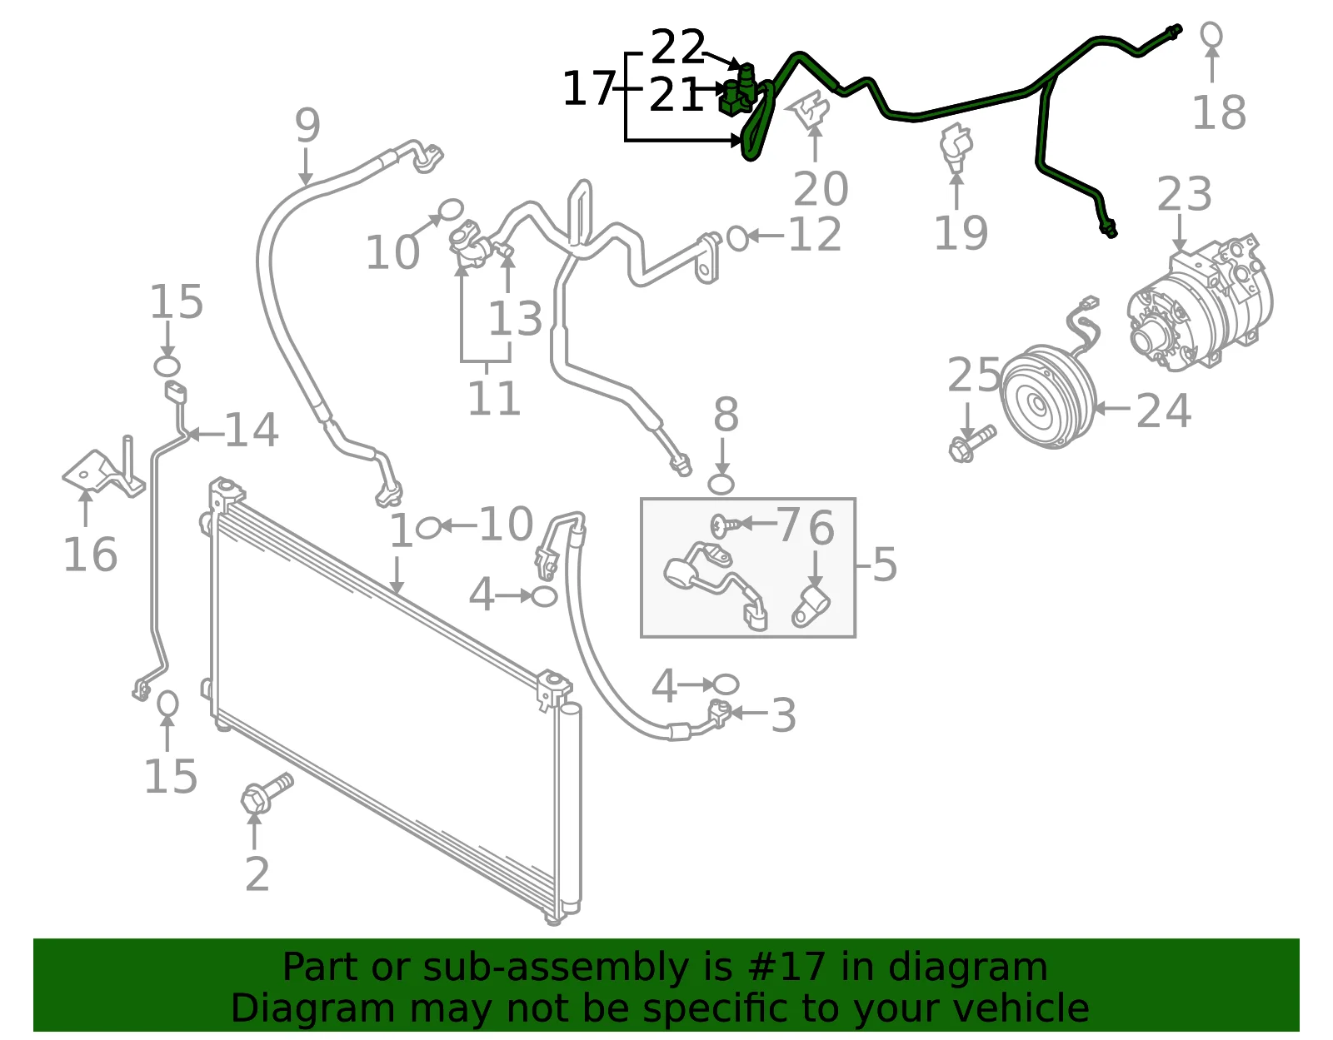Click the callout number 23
tap(1184, 194)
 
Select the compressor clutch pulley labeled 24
tap(1047, 396)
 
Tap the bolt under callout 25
tap(971, 443)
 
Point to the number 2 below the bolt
tap(257, 874)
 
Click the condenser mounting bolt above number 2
tap(267, 793)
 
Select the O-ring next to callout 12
tap(737, 238)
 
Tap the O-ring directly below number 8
tap(721, 484)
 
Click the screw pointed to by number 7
tap(725, 525)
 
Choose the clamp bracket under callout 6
tap(811, 606)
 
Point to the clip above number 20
tap(811, 108)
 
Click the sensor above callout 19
tap(955, 147)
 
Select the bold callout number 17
tap(589, 89)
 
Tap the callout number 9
tap(307, 125)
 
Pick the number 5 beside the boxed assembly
tap(885, 565)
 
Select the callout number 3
tap(783, 715)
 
